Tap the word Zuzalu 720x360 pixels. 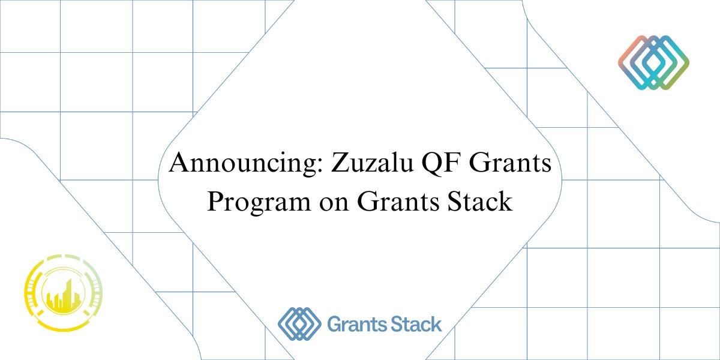[372, 163]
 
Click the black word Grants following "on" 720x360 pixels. [398, 201]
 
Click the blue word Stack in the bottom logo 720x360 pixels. [416, 324]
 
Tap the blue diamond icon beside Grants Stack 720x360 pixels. [299, 323]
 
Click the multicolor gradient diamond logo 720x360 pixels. [654, 62]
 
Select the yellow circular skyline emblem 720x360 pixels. [64, 293]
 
